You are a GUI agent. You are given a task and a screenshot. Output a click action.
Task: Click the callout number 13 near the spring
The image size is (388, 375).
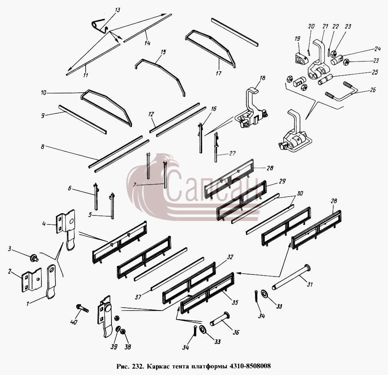[118, 10]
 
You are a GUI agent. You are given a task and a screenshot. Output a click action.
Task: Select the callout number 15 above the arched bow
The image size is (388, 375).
[163, 52]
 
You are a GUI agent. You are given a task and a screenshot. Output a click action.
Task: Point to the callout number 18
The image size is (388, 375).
[262, 78]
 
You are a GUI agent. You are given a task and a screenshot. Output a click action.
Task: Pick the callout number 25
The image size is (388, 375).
[375, 72]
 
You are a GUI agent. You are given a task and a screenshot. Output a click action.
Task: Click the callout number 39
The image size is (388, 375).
[114, 347]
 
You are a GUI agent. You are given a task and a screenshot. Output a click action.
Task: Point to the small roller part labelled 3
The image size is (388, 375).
[33, 258]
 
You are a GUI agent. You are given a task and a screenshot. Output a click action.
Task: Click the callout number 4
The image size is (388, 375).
[44, 224]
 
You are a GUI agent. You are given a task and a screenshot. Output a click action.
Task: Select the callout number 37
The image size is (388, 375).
[138, 296]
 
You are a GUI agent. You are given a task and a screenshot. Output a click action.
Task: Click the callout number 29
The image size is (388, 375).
[282, 181]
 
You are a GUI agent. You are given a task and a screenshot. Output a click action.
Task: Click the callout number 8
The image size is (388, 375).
[43, 147]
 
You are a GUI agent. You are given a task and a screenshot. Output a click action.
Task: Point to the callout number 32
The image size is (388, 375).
[230, 257]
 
